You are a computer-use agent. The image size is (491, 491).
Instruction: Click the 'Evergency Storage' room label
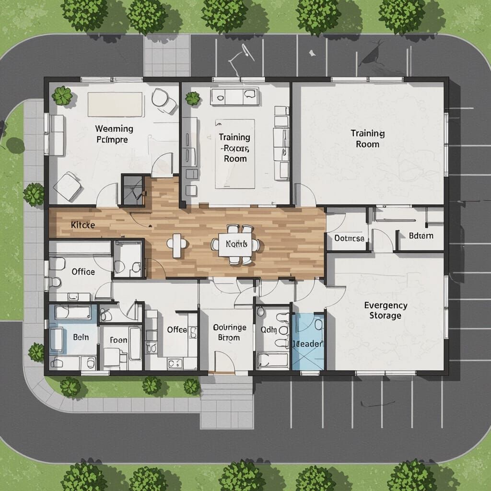tap(386, 310)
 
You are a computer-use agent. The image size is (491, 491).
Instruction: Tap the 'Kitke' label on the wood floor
tap(82, 224)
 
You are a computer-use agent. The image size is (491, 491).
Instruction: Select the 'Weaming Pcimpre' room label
tap(114, 134)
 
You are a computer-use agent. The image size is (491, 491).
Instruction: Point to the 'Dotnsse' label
tap(349, 238)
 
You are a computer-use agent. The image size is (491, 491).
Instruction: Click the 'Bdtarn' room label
tap(421, 235)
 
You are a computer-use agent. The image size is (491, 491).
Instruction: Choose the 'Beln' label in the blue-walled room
tap(81, 337)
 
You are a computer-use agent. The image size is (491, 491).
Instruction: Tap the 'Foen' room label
tap(118, 340)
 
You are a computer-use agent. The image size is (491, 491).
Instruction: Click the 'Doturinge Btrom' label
tap(229, 332)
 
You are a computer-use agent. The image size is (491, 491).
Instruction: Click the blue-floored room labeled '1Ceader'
tap(308, 344)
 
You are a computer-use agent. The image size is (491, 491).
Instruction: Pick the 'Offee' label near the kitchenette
tap(177, 329)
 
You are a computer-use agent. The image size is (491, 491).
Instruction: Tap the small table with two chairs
tap(177, 244)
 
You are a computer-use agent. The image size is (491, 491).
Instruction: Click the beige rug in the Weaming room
tap(115, 104)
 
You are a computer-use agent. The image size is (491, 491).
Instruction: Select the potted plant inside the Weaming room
tap(62, 96)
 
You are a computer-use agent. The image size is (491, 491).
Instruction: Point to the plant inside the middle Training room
tap(192, 98)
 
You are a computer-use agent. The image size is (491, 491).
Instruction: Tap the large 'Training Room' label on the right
tap(368, 138)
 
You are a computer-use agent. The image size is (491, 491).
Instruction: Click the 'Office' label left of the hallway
tap(83, 271)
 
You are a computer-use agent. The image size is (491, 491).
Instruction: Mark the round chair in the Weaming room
tap(161, 97)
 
